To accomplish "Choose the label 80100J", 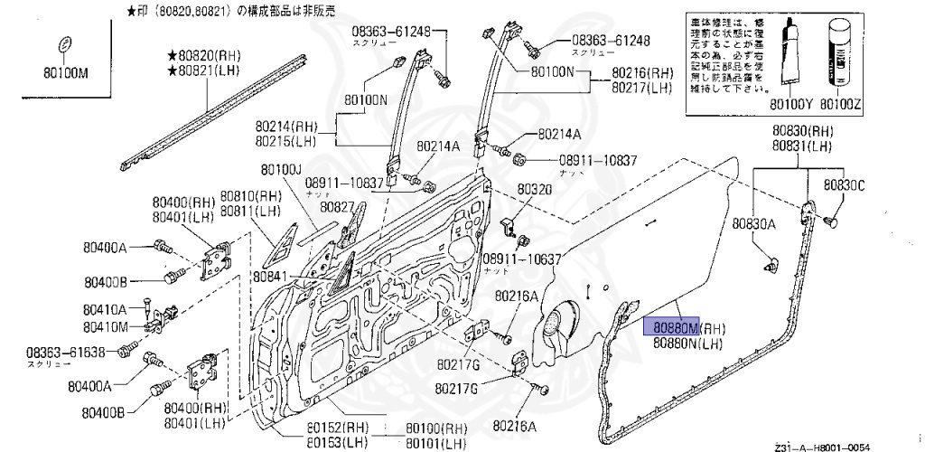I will [x=281, y=169].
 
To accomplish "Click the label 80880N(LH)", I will [x=689, y=343].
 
